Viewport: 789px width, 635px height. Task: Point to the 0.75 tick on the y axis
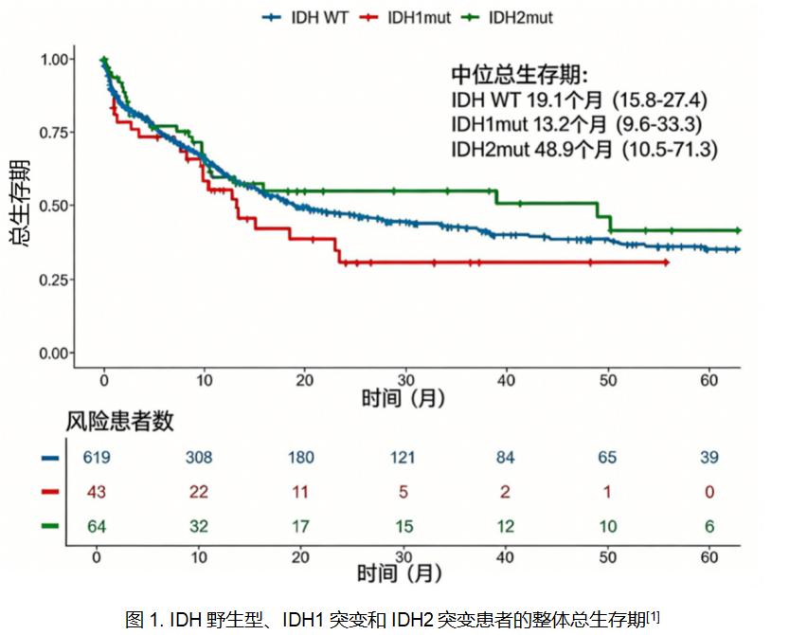56,132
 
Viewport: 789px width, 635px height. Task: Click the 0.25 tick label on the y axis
56,280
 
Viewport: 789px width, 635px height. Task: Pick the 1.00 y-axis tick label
56,59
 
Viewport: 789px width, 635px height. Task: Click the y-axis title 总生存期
20,204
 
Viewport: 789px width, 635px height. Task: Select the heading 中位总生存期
519,75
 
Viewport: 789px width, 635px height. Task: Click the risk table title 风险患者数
119,422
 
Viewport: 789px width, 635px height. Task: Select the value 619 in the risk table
97,458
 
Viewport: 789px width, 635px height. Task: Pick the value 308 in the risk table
198,458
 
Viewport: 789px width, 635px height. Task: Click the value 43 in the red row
97,492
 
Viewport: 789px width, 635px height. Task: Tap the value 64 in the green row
97,526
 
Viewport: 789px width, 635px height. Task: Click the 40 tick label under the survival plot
508,380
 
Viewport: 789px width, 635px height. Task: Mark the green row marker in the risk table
50,526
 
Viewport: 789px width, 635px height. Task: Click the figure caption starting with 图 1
392,619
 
